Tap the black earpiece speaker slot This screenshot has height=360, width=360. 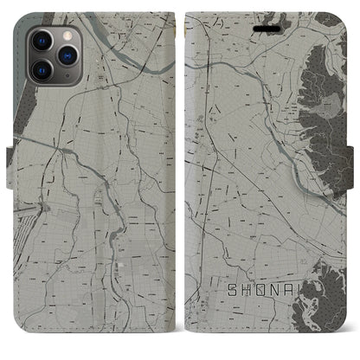[260, 26]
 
